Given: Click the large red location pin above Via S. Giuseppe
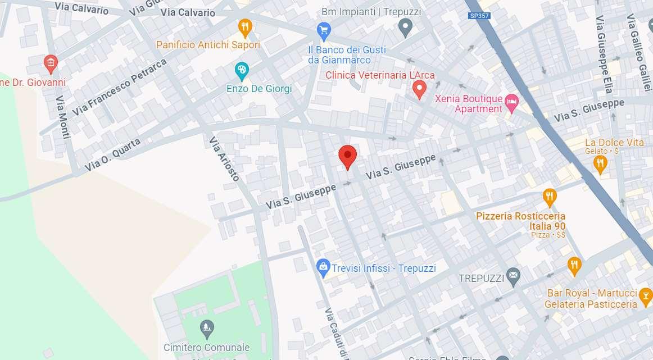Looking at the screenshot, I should point(347,157).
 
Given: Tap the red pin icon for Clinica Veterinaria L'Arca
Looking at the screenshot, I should point(419,89).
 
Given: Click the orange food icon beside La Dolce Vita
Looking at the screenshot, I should point(600,163).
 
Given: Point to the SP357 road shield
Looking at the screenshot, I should point(479,16).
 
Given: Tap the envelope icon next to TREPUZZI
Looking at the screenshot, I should point(513,276).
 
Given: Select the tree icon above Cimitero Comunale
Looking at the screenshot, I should point(207,326).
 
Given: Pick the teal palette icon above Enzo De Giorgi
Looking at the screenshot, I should point(241,71).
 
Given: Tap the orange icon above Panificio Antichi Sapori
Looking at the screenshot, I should point(244,26).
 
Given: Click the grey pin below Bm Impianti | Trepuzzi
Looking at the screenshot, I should point(406,26).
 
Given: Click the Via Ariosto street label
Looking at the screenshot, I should point(224,159).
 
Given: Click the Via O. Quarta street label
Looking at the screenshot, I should point(112,155).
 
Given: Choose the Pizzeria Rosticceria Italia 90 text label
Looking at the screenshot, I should point(520,221).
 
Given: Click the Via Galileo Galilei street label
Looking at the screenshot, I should point(638,45).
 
